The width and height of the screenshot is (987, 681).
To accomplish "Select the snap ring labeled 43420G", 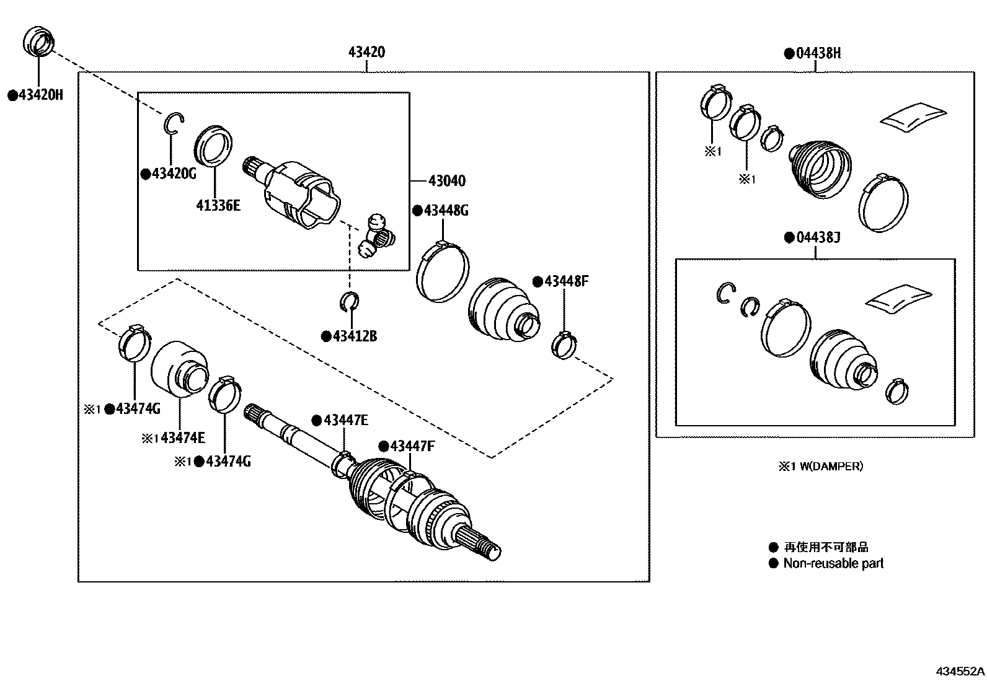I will coord(174,123).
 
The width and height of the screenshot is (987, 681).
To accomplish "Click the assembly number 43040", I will coord(446,181).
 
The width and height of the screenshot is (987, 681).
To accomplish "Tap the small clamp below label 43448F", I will coord(564,344).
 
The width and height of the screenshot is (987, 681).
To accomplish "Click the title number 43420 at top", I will coord(366,52).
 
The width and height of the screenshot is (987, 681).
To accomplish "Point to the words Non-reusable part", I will coord(833,563).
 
